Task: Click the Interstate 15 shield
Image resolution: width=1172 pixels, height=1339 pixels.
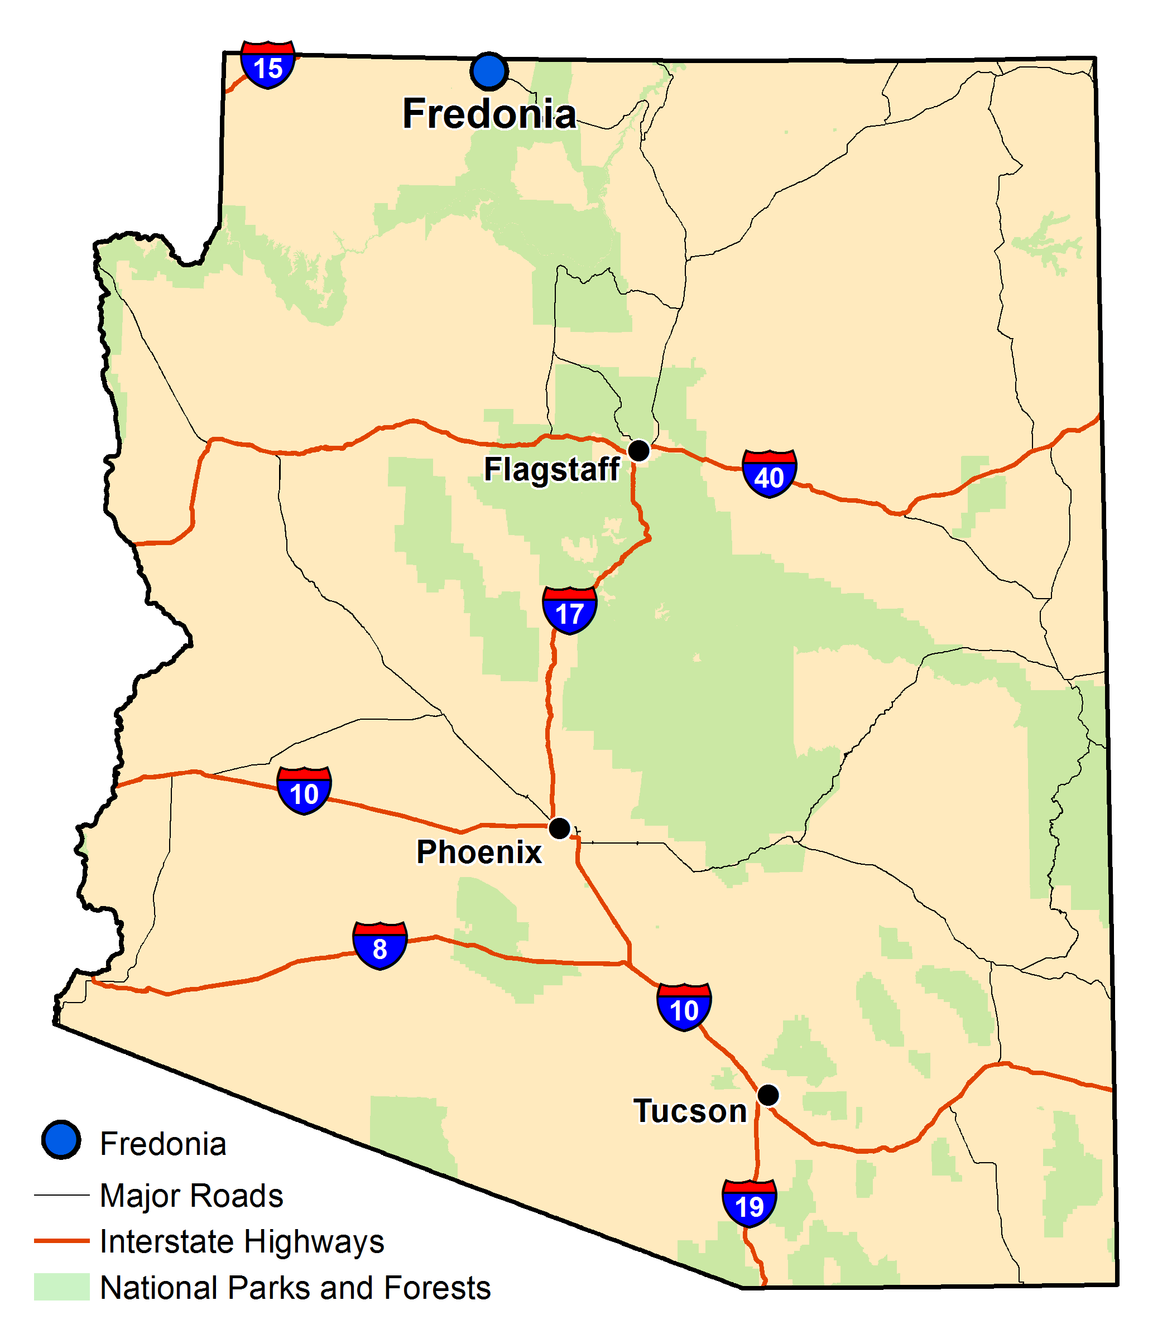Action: [x=267, y=65]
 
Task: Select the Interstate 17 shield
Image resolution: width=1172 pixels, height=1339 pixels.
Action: [x=570, y=610]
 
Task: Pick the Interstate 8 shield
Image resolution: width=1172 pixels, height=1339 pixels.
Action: [x=380, y=946]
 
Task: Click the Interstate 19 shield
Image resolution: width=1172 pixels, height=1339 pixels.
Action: [x=750, y=1203]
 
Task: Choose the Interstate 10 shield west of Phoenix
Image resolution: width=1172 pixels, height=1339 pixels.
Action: [x=304, y=791]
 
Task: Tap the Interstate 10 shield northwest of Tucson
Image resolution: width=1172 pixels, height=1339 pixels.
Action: [x=684, y=1007]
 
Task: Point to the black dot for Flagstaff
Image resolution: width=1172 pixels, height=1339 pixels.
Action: [x=639, y=450]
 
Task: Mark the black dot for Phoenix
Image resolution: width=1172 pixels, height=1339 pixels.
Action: [x=559, y=829]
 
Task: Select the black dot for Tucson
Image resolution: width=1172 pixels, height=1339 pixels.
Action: [x=768, y=1095]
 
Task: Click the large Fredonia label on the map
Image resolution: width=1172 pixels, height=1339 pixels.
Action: [x=489, y=114]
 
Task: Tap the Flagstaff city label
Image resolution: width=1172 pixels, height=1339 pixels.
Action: [x=551, y=469]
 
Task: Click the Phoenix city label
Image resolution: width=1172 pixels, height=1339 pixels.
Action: [x=479, y=852]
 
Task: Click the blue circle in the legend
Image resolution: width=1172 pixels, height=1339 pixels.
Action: [x=61, y=1140]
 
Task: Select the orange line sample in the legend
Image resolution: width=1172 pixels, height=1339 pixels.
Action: [x=61, y=1240]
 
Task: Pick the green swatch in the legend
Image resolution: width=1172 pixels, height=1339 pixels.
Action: [x=61, y=1286]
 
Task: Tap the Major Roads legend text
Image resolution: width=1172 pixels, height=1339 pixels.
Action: [x=191, y=1195]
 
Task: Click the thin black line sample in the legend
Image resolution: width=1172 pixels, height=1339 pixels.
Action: [x=61, y=1194]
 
